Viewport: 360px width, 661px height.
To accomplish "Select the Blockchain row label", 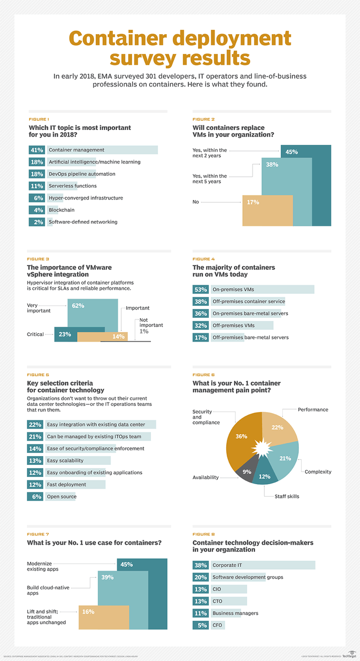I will (62, 210).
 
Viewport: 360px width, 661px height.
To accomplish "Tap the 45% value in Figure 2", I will (292, 152).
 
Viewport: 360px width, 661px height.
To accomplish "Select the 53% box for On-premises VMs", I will (200, 289).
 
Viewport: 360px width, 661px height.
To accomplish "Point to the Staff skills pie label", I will (287, 496).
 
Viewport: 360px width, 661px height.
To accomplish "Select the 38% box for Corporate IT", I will (200, 565).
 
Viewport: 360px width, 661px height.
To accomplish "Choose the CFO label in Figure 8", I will (218, 625).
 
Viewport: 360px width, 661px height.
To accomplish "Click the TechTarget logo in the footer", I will (349, 655).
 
